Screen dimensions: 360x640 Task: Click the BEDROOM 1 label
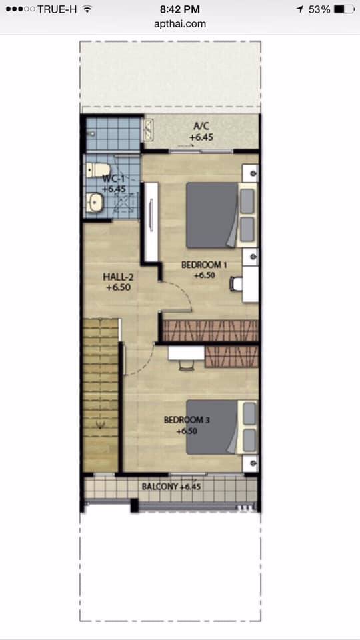point(204,265)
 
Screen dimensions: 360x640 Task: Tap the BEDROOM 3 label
point(187,419)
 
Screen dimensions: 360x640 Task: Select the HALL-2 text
point(119,277)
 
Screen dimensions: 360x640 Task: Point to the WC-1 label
point(113,179)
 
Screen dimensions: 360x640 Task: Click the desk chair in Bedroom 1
point(236,284)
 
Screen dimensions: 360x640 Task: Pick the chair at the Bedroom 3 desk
point(185,365)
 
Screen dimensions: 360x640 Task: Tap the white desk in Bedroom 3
point(186,353)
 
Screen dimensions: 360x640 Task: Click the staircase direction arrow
point(100,425)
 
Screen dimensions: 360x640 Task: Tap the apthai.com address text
point(180,24)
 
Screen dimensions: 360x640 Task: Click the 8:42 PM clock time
point(180,9)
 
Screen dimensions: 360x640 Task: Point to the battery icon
point(344,9)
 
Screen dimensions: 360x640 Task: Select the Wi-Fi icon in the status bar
point(87,9)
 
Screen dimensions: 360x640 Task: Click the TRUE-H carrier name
point(57,9)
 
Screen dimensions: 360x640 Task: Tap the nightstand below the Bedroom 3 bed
point(250,464)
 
